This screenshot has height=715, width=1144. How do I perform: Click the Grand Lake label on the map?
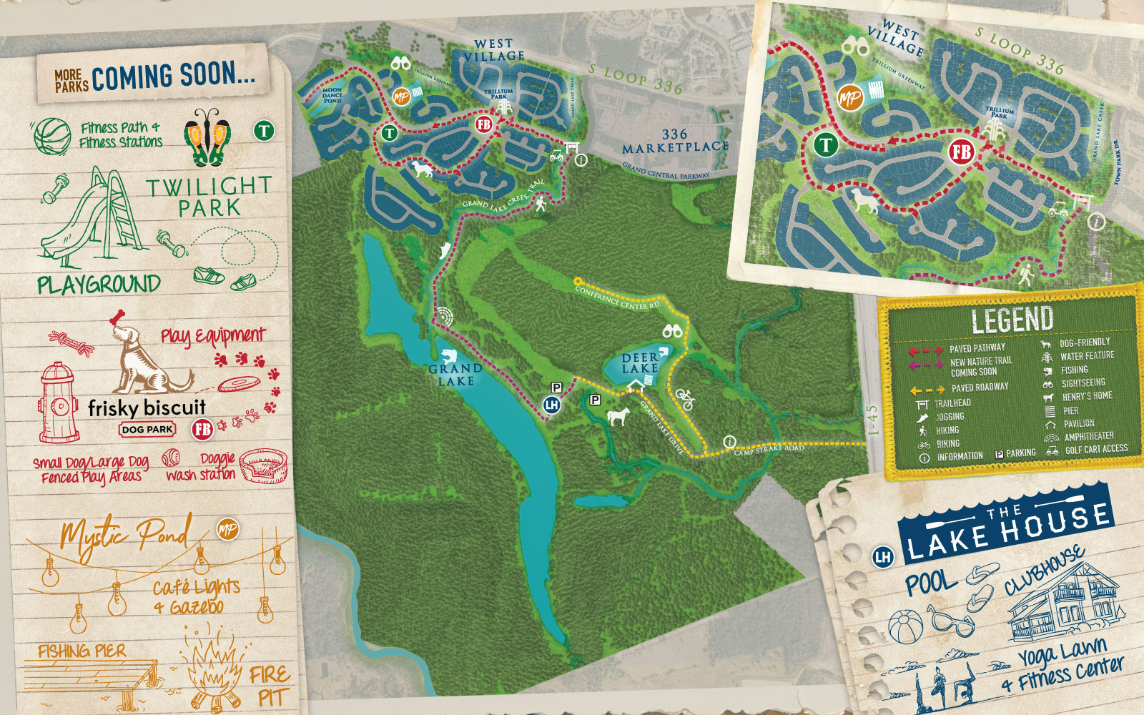tap(455, 375)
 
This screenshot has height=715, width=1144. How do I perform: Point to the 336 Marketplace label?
tap(674, 141)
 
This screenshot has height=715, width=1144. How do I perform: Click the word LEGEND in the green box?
tap(1012, 321)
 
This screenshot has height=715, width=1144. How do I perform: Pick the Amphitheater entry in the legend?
tap(1088, 436)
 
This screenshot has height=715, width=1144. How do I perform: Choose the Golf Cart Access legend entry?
tap(1095, 450)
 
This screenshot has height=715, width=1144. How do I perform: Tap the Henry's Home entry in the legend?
tap(1086, 396)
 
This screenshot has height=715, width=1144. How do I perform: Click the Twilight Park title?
tap(209, 197)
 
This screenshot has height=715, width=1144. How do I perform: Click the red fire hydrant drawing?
tap(59, 402)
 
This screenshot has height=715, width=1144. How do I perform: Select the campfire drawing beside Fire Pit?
tap(214, 668)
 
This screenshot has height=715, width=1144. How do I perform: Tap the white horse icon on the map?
tap(617, 415)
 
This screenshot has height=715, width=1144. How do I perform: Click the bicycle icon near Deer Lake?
tap(684, 399)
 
